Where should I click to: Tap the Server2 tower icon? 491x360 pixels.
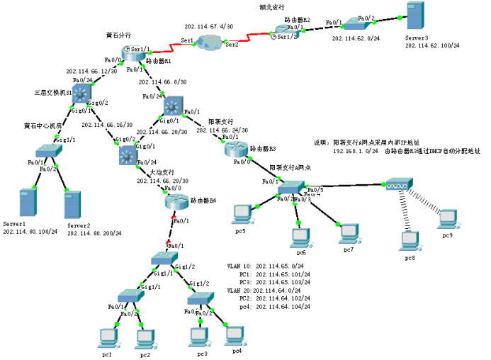pyautogui.click(x=72, y=206)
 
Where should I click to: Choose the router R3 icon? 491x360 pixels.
pyautogui.click(x=235, y=150)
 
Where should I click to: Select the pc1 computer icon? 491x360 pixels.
pyautogui.click(x=108, y=335)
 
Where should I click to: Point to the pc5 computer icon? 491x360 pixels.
pyautogui.click(x=243, y=213)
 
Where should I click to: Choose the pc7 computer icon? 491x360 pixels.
pyautogui.click(x=347, y=231)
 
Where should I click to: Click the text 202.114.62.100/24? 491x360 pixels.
pyautogui.click(x=432, y=45)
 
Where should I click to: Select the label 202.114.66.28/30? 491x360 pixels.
pyautogui.click(x=162, y=181)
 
